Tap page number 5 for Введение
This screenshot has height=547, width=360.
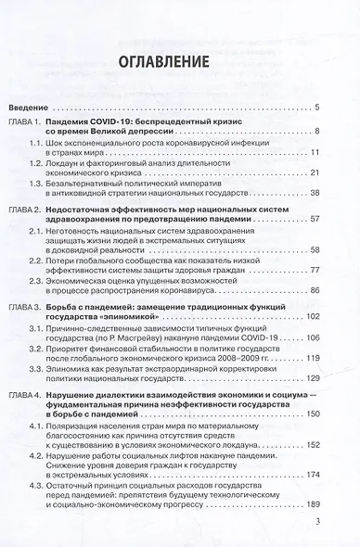coord(318,108)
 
